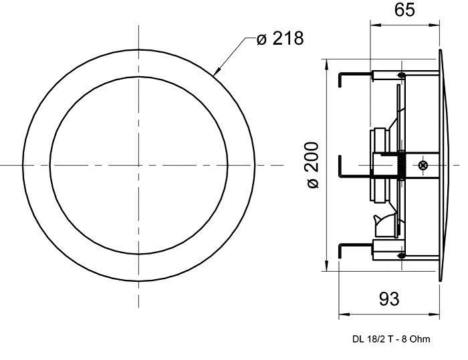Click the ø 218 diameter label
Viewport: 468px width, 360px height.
click(280, 39)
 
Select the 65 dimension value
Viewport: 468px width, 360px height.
click(404, 9)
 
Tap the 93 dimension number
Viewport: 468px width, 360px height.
click(389, 299)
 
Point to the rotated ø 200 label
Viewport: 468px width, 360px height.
click(313, 165)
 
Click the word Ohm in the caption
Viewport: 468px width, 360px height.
click(421, 339)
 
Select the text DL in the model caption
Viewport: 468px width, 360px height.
click(357, 339)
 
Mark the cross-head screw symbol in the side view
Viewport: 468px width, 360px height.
click(423, 165)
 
